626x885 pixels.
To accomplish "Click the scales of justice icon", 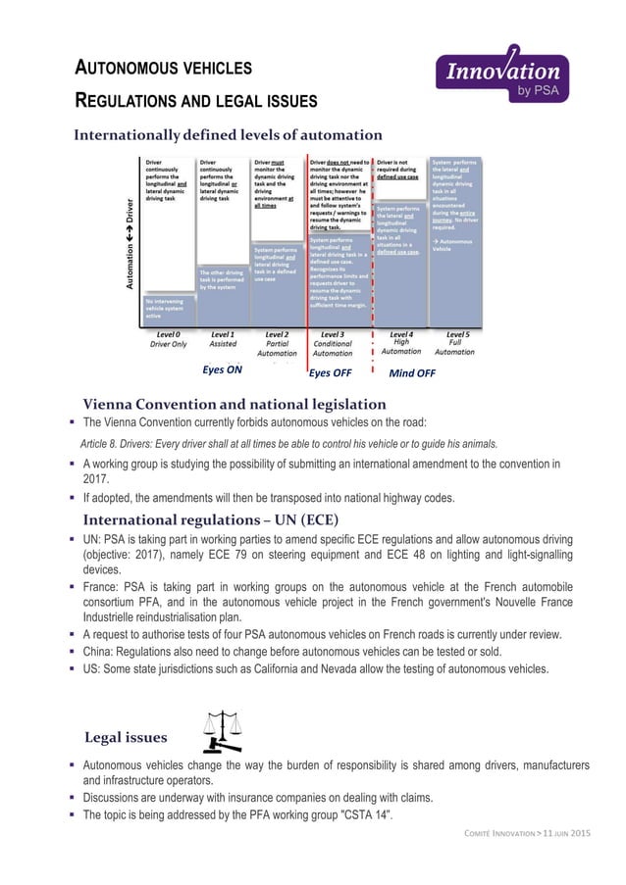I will (x=222, y=729).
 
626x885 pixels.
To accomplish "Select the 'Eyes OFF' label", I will (x=331, y=373).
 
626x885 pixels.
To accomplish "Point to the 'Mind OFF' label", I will (x=412, y=373).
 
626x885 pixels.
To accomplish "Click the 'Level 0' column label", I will (x=168, y=334).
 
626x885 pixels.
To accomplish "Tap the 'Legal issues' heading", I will (x=125, y=735).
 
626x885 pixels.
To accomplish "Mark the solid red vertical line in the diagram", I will (x=307, y=255).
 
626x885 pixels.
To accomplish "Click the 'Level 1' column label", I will (x=223, y=334).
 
